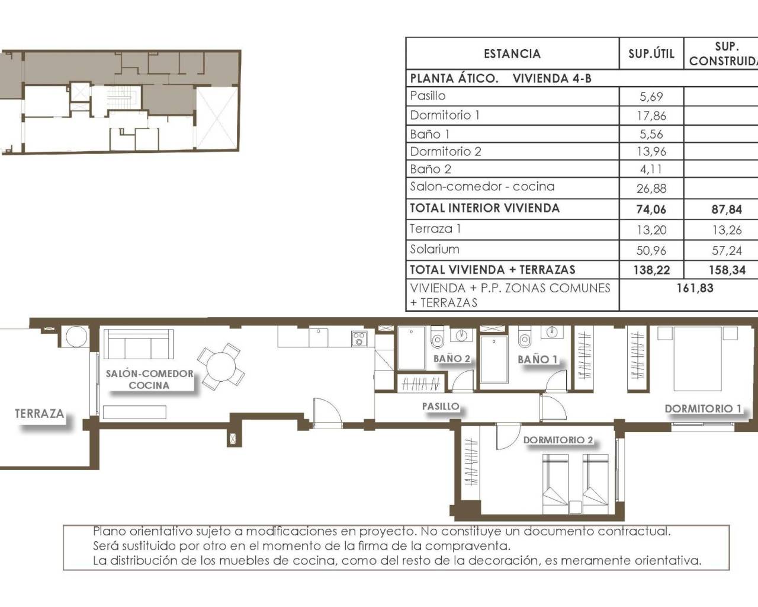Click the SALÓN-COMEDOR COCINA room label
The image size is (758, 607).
point(149,379)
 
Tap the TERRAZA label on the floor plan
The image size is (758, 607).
point(39,414)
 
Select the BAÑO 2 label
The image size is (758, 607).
point(451,359)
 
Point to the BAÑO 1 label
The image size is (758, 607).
point(537,359)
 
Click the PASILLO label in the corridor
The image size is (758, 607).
point(441,407)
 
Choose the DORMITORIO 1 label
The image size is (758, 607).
point(703,408)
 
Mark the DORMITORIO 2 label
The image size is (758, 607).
point(558,440)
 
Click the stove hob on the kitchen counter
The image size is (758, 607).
point(359,338)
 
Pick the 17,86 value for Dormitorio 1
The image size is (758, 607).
point(651,116)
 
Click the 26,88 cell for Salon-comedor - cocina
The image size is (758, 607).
point(651,189)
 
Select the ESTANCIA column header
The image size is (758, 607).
point(512,54)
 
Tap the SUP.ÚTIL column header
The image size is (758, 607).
point(651,54)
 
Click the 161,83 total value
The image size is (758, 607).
point(695,288)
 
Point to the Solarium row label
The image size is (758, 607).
point(435,250)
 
